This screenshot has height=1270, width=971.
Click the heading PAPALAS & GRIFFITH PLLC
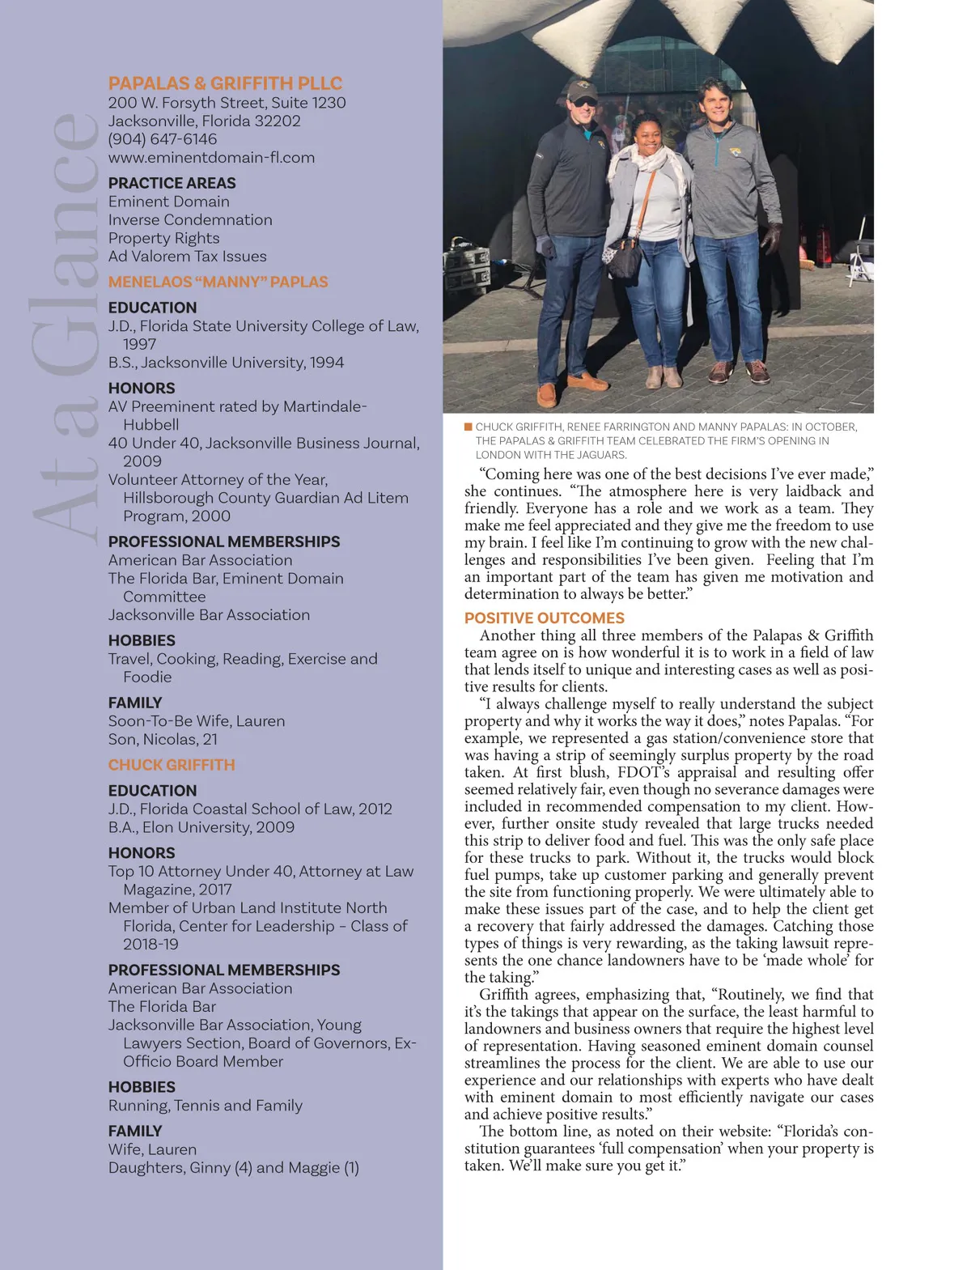tap(225, 83)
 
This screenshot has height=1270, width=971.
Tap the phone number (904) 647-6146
tap(163, 139)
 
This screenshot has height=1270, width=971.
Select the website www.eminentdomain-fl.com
tap(211, 158)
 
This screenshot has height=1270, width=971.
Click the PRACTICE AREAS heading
tap(172, 183)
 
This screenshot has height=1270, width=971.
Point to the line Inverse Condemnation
tap(190, 220)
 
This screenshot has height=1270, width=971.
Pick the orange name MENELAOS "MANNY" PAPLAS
tap(218, 282)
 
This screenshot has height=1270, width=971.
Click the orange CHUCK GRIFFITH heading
tap(172, 765)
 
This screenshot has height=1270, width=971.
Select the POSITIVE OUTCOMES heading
tap(544, 618)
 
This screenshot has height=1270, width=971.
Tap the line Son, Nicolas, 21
tap(163, 739)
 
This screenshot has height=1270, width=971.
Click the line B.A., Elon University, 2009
tap(201, 827)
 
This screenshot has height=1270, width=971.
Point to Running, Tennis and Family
tap(206, 1106)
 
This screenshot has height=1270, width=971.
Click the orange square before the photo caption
tap(469, 427)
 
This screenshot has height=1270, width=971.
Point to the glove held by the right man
tap(771, 239)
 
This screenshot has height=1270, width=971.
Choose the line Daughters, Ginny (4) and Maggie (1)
tap(234, 1168)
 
